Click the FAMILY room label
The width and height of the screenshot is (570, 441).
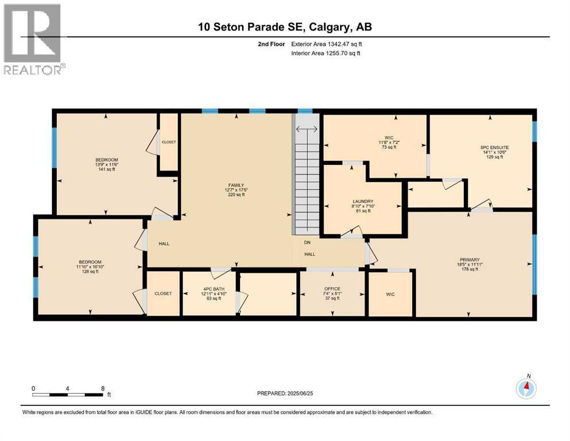click(x=236, y=185)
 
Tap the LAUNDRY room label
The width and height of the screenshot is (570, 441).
click(x=363, y=201)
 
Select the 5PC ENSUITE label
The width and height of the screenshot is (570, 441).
click(x=494, y=148)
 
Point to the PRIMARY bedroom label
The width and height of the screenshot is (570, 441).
click(x=470, y=260)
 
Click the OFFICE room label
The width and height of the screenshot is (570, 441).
click(x=332, y=289)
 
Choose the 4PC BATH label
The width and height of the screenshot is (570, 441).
click(x=214, y=289)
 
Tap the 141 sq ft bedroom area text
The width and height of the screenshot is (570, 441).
click(x=107, y=169)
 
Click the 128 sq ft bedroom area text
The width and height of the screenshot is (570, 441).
click(x=90, y=271)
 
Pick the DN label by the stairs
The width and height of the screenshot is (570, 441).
click(x=307, y=242)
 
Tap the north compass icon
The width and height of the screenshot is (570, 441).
click(x=526, y=389)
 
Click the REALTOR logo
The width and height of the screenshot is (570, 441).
click(x=35, y=39)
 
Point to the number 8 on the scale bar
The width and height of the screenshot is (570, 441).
click(x=103, y=388)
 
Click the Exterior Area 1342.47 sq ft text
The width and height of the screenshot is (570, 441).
click(x=327, y=44)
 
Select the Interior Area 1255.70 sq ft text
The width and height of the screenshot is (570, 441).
click(x=325, y=53)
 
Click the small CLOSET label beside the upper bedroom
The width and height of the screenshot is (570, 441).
click(x=169, y=142)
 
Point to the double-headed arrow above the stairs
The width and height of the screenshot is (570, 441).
click(x=307, y=129)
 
